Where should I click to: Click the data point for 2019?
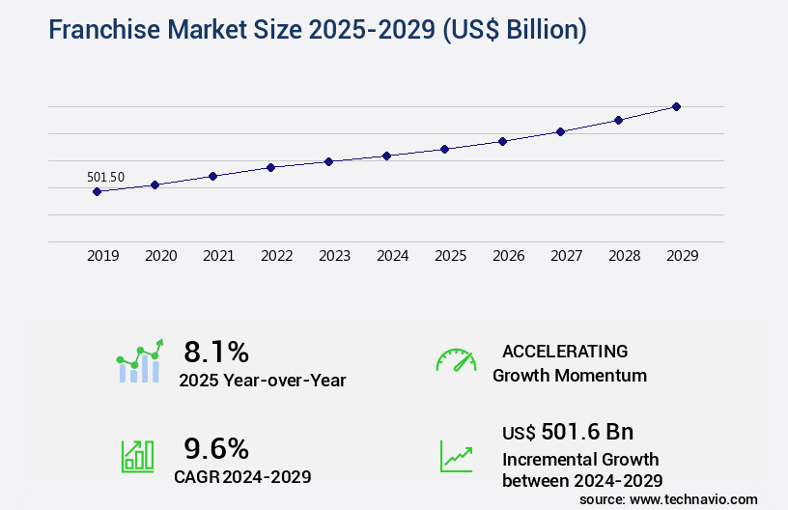pyautogui.click(x=97, y=191)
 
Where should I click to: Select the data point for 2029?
pyautogui.click(x=676, y=106)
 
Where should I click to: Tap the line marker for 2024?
pyautogui.click(x=386, y=156)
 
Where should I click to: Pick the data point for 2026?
pyautogui.click(x=502, y=141)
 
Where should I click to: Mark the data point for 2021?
pyautogui.click(x=212, y=176)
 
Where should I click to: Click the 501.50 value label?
pyautogui.click(x=105, y=177)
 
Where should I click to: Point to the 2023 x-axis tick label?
pyautogui.click(x=334, y=256)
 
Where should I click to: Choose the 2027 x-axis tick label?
pyautogui.click(x=566, y=256)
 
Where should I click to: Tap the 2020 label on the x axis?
pyautogui.click(x=160, y=256)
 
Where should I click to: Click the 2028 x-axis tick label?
pyautogui.click(x=624, y=256)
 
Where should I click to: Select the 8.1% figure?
pyautogui.click(x=216, y=352)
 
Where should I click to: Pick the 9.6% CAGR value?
pyautogui.click(x=216, y=448)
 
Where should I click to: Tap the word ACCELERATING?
pyautogui.click(x=565, y=351)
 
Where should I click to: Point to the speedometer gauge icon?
pyautogui.click(x=456, y=360)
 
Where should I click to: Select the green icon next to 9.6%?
pyautogui.click(x=136, y=456)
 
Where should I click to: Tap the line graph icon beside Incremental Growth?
pyautogui.click(x=456, y=456)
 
